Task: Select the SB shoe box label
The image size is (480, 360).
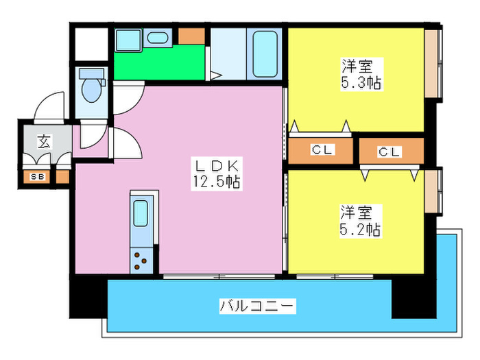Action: coord(37,177)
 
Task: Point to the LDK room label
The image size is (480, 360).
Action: coord(218,166)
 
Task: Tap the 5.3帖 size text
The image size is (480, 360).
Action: coord(361,84)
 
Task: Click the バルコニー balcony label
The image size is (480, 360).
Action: coord(257,306)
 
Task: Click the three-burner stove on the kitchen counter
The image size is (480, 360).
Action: coord(142,261)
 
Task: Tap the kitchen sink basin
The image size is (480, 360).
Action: coord(141,214)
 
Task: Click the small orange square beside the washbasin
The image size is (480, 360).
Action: coord(191,36)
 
